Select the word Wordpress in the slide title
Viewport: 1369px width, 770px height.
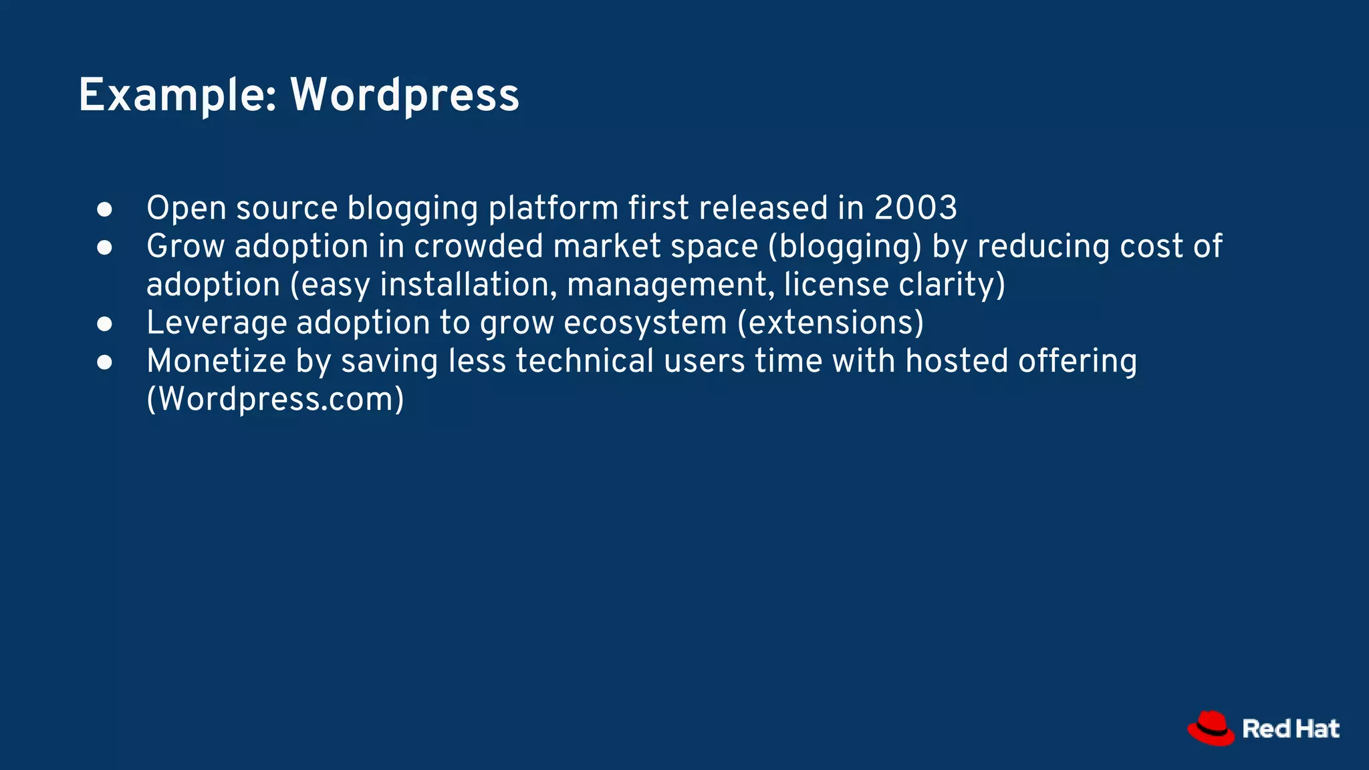pos(404,95)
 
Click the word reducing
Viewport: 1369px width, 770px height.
pos(1043,246)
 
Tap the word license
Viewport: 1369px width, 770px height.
pos(836,284)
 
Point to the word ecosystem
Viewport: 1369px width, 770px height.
pos(645,323)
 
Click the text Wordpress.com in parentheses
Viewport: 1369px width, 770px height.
pos(275,399)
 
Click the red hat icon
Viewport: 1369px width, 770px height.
pos(1211,728)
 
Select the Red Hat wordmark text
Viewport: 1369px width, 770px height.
pos(1291,729)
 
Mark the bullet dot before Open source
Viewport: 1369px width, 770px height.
pos(104,209)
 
